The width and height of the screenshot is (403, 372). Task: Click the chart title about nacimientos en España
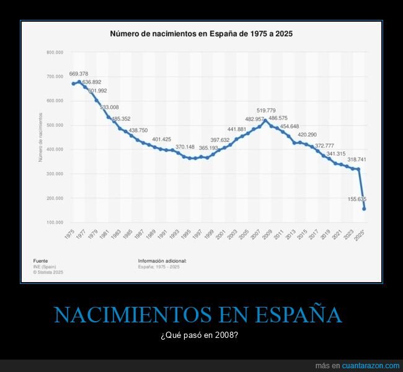[201, 34]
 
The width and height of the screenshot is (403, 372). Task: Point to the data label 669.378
[79, 74]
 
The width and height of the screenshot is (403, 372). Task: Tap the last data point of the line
[364, 209]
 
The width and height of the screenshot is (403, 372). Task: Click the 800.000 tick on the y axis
[55, 52]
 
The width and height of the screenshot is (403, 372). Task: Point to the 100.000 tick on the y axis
[55, 223]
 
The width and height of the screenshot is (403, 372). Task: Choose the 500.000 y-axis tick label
[55, 125]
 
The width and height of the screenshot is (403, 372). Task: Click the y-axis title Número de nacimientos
[40, 138]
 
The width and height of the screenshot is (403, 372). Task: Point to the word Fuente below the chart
[40, 261]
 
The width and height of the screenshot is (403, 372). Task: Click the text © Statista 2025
[48, 272]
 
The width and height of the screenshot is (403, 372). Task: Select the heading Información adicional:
[162, 261]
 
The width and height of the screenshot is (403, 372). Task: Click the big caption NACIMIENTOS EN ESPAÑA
[198, 315]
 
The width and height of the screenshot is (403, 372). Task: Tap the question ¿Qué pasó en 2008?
[198, 336]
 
